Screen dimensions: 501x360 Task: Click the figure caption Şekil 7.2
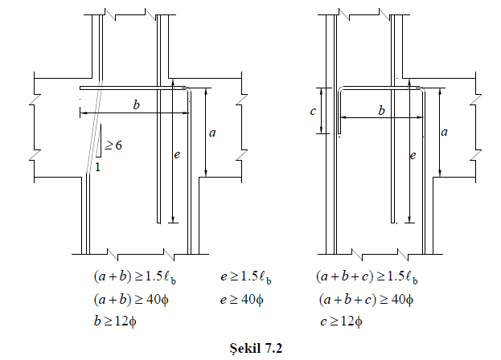(x=256, y=348)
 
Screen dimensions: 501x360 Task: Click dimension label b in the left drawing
(x=136, y=104)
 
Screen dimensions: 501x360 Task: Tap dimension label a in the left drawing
(x=212, y=133)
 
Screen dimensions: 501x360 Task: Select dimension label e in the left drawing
(x=177, y=155)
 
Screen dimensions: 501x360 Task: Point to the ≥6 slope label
(x=113, y=145)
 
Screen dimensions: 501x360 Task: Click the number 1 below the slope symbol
(x=98, y=166)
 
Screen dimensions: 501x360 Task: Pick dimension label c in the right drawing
(x=313, y=111)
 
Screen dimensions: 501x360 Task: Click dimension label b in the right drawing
(x=381, y=110)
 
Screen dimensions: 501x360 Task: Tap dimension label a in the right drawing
(x=444, y=132)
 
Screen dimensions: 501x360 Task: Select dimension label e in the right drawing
(x=413, y=155)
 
